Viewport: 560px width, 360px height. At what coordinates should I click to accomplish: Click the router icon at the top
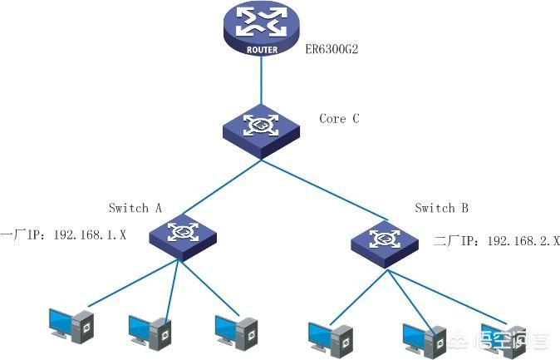click(262, 27)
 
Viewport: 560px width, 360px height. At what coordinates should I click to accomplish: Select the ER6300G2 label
click(332, 48)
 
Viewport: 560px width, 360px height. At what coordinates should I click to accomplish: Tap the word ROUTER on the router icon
click(262, 50)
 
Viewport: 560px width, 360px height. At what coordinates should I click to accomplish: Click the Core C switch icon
click(261, 131)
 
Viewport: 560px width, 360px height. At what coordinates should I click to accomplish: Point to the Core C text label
click(339, 118)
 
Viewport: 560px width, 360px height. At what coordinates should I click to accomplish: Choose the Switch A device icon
click(183, 237)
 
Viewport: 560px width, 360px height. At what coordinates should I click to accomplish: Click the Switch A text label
click(135, 208)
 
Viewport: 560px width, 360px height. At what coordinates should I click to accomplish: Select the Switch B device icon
click(385, 244)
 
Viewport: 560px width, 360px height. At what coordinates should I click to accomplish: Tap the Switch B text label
click(441, 208)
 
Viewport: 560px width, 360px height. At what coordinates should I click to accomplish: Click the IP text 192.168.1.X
click(90, 235)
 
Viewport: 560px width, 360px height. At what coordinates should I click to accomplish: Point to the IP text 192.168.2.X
click(523, 240)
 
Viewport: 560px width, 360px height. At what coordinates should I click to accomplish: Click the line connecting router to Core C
click(261, 80)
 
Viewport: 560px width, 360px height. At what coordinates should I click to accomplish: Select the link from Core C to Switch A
click(222, 187)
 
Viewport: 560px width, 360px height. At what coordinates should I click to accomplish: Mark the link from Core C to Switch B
click(325, 190)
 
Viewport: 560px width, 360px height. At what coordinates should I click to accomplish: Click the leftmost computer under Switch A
click(71, 326)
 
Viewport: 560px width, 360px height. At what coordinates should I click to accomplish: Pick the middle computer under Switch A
click(150, 333)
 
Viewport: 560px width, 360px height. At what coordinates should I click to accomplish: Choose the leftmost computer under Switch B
click(331, 339)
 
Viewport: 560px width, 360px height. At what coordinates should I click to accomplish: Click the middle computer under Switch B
click(425, 341)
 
